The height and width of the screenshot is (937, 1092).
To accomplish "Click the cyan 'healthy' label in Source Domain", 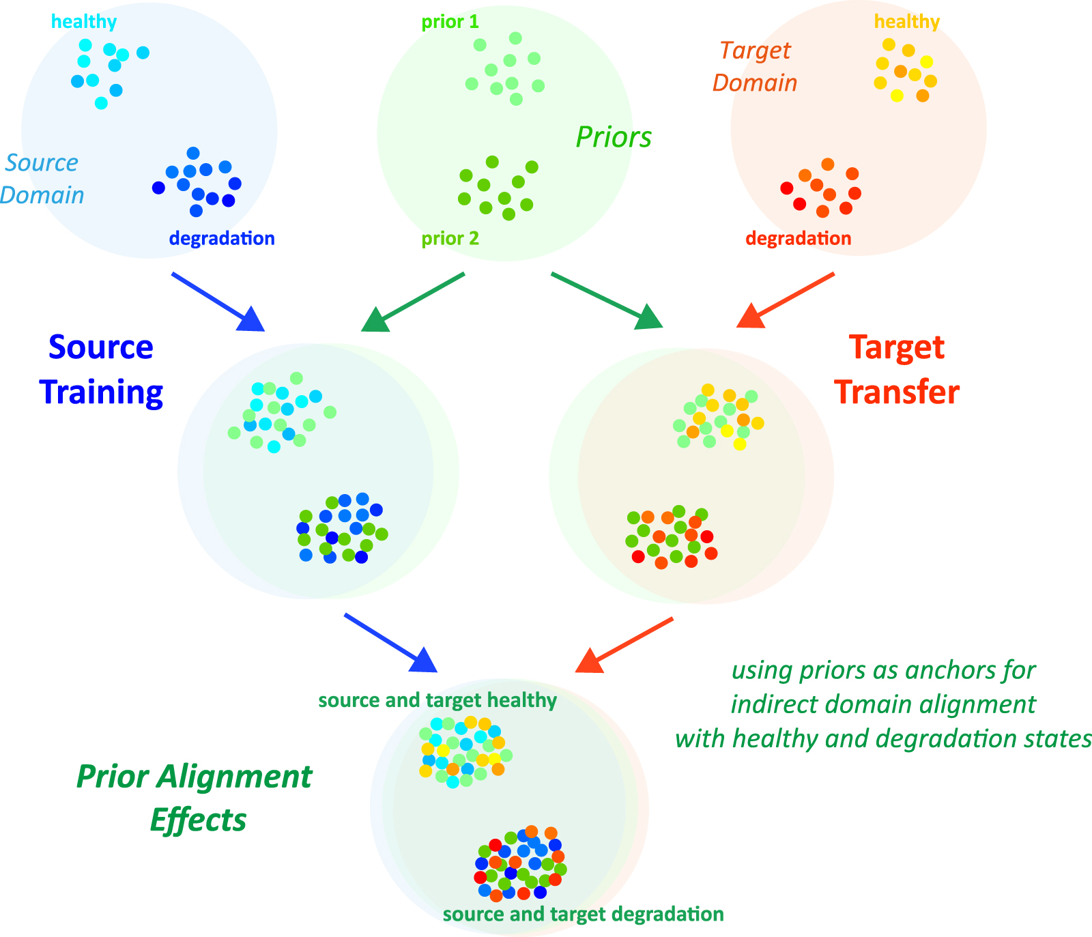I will tap(84, 22).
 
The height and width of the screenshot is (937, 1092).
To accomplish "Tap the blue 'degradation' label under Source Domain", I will tap(222, 239).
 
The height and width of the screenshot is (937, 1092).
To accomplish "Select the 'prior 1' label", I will tap(450, 23).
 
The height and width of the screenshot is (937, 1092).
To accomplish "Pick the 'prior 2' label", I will tap(450, 239).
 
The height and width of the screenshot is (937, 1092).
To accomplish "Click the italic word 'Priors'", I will tap(613, 137).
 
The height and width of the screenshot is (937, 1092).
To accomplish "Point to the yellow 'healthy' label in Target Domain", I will tap(906, 22).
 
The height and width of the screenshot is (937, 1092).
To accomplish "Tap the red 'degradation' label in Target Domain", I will tap(798, 239).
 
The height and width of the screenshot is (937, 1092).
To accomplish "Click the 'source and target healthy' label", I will tap(437, 701).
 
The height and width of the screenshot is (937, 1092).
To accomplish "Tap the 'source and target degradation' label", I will tap(583, 914).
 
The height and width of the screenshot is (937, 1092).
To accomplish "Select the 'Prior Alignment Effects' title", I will tap(195, 798).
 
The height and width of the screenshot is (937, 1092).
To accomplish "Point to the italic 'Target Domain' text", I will tap(755, 67).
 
